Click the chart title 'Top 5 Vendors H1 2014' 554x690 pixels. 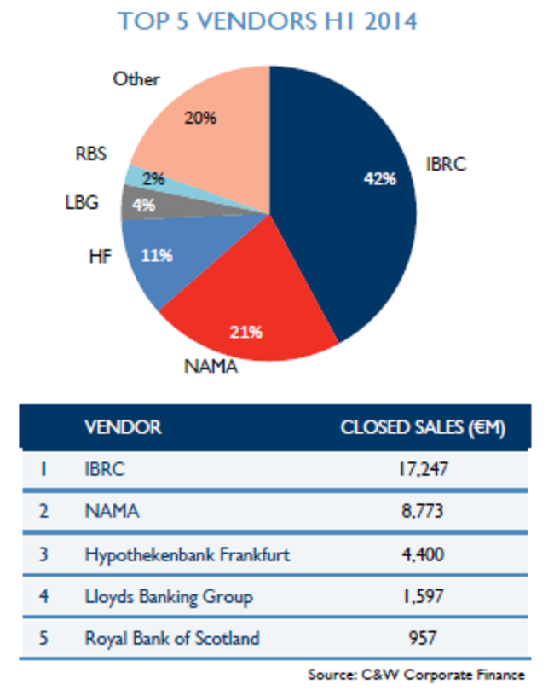[268, 20]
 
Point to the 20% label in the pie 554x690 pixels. [201, 118]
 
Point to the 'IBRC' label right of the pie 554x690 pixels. [447, 165]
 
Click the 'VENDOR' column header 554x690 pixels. [123, 427]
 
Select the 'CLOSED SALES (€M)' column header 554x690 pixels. [423, 427]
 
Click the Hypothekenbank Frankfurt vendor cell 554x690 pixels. [188, 554]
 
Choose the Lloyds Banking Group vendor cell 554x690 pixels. [169, 596]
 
